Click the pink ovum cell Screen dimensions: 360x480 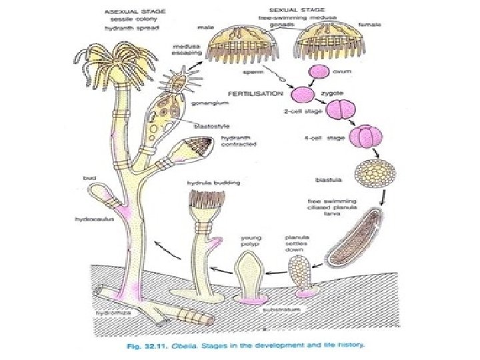(318, 71)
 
